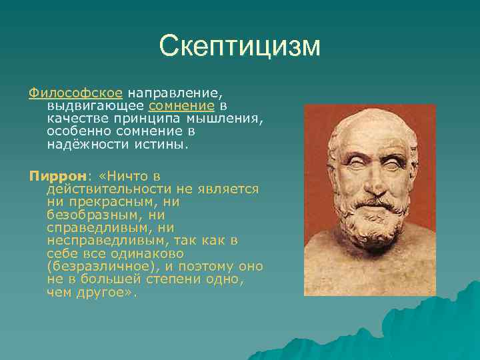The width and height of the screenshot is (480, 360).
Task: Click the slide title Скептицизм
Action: point(240,46)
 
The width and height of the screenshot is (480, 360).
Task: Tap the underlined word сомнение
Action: point(181,105)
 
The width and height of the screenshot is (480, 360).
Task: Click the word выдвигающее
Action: point(96,105)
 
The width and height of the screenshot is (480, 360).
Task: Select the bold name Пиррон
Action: point(57,176)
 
